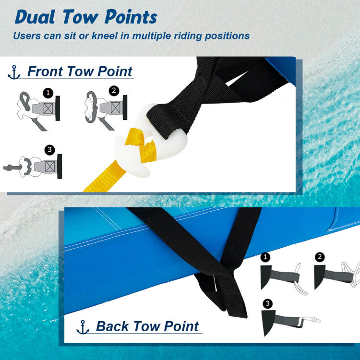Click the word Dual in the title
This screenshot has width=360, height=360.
tap(35, 17)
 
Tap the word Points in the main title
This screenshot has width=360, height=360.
tap(131, 17)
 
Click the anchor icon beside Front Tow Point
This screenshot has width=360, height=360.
tap(14, 72)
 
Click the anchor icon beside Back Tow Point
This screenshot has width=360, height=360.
tap(83, 327)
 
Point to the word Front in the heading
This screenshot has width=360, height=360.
tap(45, 71)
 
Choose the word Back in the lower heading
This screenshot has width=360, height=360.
tap(112, 326)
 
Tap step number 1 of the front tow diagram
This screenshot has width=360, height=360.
tap(48, 93)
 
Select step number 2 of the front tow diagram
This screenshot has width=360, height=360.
tap(114, 91)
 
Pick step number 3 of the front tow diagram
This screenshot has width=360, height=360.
tap(49, 150)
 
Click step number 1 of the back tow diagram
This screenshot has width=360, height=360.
tap(265, 257)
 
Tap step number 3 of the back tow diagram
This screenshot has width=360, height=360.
tap(267, 304)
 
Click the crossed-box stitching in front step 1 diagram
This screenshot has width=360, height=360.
tap(48, 108)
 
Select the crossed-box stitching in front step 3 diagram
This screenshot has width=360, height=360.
tap(50, 166)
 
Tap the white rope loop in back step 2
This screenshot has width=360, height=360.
tap(352, 273)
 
